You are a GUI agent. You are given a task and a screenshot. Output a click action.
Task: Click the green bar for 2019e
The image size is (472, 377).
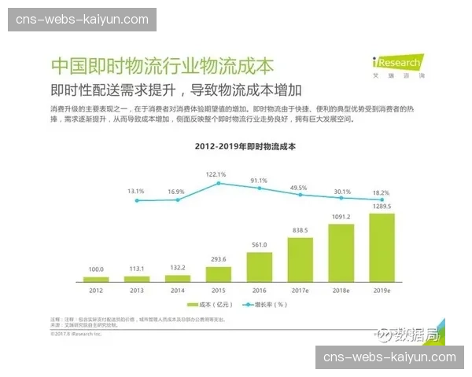pyautogui.click(x=382, y=247)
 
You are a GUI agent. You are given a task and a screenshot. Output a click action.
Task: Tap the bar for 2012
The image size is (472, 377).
pyautogui.click(x=96, y=279)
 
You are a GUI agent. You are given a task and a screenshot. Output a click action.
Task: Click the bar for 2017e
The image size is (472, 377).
pyautogui.click(x=300, y=259)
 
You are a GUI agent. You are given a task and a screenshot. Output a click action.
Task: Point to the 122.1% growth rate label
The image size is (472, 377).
pyautogui.click(x=216, y=174)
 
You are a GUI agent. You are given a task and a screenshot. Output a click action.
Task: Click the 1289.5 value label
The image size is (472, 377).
pyautogui.click(x=382, y=207)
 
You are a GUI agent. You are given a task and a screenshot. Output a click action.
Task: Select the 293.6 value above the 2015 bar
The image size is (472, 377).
pyautogui.click(x=218, y=259)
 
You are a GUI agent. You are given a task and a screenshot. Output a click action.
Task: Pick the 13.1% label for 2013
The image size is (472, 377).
pyautogui.click(x=136, y=191)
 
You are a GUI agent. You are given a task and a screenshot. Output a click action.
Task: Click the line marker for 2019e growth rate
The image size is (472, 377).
pyautogui.click(x=382, y=200)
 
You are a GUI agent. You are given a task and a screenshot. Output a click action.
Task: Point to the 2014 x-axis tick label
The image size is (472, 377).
pyautogui.click(x=178, y=290)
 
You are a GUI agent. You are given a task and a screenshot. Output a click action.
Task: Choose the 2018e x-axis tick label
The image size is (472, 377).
pyautogui.click(x=341, y=290)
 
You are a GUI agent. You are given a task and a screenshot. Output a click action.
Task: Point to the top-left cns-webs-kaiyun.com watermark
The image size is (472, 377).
pyautogui.click(x=82, y=19)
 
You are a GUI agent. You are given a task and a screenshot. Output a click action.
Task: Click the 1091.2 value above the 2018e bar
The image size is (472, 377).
pyautogui.click(x=341, y=218)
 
